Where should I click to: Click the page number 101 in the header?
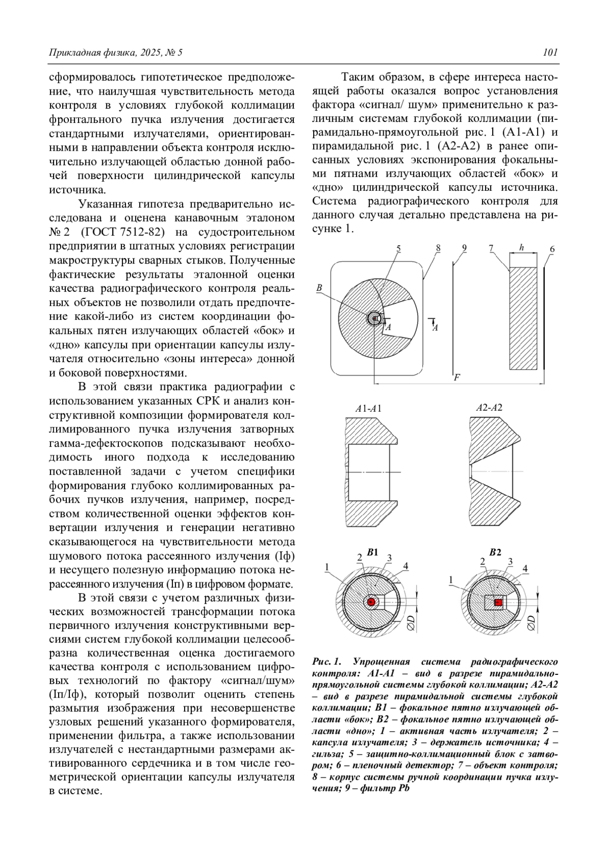[550, 52]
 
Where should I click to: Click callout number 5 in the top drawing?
[399, 248]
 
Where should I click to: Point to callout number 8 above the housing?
[438, 248]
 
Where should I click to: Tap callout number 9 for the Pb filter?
[464, 248]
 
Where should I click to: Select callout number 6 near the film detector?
[552, 249]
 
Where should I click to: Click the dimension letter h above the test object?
[522, 248]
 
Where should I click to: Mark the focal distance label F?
[457, 377]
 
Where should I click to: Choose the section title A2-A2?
[489, 408]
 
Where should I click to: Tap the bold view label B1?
[373, 552]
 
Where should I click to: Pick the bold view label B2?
[495, 552]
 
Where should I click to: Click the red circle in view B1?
[371, 602]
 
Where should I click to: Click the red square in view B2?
[498, 602]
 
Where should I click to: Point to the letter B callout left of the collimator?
[319, 288]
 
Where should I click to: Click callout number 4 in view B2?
[525, 569]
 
